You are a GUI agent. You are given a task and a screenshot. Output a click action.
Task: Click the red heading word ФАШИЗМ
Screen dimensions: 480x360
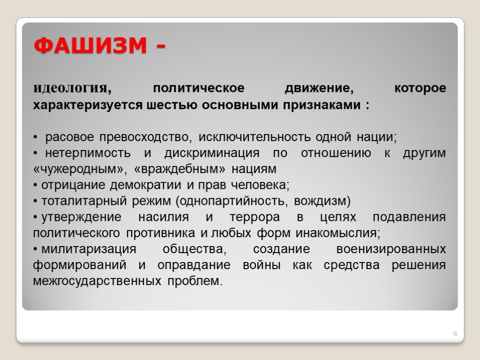click(x=90, y=45)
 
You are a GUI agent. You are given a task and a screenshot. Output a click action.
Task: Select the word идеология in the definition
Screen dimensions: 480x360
click(x=70, y=89)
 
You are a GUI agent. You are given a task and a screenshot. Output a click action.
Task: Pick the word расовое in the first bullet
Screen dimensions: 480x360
click(x=69, y=137)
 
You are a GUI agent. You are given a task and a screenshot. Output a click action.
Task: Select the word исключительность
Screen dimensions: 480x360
click(x=255, y=137)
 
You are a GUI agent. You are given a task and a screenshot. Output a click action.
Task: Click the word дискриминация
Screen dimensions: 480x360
click(x=212, y=153)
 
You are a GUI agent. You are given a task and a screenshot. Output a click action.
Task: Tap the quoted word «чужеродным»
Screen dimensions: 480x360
click(x=78, y=169)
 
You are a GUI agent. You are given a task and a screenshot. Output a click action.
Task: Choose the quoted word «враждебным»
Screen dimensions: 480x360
click(x=180, y=169)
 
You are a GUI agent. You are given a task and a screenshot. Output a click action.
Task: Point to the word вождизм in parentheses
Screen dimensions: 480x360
click(x=320, y=201)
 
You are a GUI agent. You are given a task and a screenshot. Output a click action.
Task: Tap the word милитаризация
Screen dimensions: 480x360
click(x=89, y=249)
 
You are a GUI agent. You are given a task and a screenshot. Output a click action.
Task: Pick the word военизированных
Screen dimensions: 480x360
click(x=391, y=249)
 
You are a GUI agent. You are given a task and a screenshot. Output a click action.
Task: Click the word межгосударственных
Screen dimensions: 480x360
click(x=97, y=281)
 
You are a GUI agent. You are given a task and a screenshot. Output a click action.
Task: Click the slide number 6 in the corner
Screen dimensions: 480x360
click(x=455, y=334)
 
